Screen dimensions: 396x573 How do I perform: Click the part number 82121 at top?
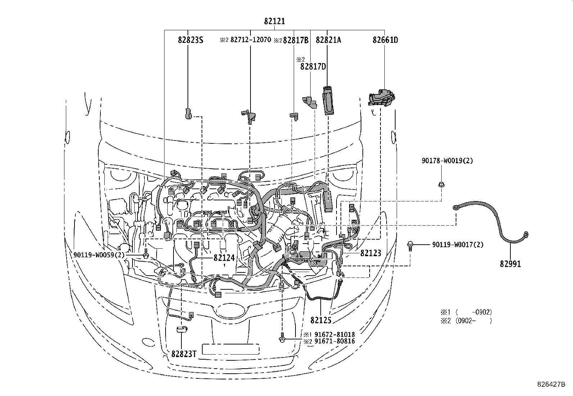click(x=274, y=21)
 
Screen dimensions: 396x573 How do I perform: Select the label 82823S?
click(x=190, y=40)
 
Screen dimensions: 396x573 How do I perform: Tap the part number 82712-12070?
click(x=250, y=40)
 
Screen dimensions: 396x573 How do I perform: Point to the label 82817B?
click(x=295, y=40)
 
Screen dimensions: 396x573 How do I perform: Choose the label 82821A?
click(x=328, y=40)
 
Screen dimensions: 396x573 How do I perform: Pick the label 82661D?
click(x=385, y=40)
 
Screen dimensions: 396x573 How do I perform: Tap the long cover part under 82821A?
click(x=328, y=101)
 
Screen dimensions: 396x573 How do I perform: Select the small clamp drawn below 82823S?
click(x=188, y=113)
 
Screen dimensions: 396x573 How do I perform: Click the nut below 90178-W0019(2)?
click(x=441, y=185)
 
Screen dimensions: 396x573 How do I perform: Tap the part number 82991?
click(x=510, y=264)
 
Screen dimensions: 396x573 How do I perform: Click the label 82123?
click(x=370, y=253)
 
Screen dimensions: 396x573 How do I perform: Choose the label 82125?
click(x=321, y=320)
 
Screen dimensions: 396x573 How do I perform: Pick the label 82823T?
click(x=183, y=354)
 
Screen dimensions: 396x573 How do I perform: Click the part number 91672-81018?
click(x=334, y=335)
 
